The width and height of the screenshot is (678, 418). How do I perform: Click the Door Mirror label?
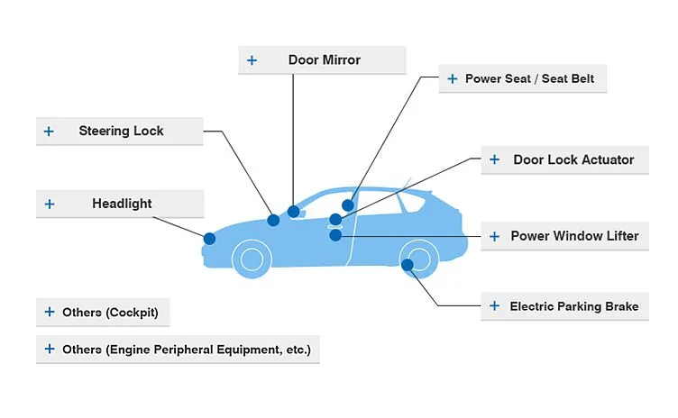coord(324,60)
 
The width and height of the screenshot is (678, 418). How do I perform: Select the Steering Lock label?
coord(121,132)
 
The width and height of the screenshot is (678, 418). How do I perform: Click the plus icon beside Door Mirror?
coord(252,60)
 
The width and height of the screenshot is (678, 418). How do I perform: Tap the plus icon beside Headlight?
coord(50,204)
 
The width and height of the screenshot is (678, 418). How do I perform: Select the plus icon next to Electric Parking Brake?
coord(494,306)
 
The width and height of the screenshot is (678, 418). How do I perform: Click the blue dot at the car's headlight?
coord(209,239)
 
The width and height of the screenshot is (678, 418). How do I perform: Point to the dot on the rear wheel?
coord(408,265)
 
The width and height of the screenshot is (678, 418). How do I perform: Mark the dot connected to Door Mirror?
coord(293,212)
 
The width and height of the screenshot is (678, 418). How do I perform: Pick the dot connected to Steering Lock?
coord(273,220)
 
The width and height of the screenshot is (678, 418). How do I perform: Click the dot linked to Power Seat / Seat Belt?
coord(348,205)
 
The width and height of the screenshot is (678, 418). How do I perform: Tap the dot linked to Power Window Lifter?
coord(335,235)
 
